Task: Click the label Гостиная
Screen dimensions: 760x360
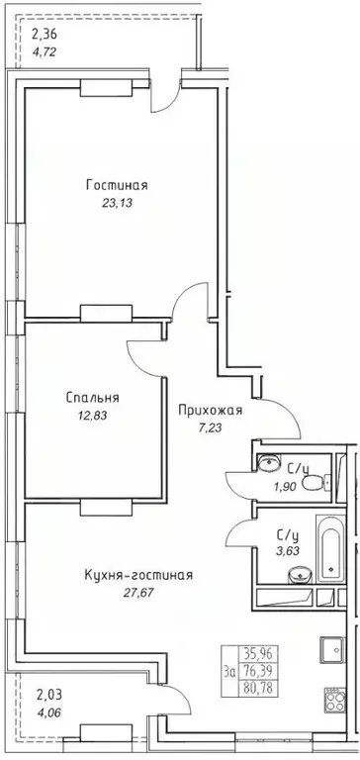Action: [x=116, y=185]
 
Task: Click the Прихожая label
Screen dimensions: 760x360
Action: [x=211, y=411]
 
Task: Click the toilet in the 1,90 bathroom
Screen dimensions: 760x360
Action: [x=315, y=482]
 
